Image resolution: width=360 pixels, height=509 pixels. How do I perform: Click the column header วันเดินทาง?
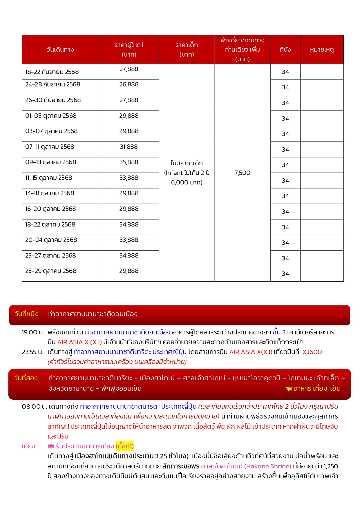click(x=60, y=50)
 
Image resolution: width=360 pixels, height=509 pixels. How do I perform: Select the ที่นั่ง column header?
click(x=285, y=50)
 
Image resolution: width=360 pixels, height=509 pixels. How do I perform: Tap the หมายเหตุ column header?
click(x=322, y=50)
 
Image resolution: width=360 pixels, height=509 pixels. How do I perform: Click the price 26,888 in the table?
click(x=129, y=84)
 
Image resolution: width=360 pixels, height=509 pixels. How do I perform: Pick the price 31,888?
click(x=129, y=147)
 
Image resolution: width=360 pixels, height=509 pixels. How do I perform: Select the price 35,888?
click(x=129, y=162)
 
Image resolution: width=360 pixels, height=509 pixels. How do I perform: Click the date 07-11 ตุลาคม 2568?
click(x=50, y=147)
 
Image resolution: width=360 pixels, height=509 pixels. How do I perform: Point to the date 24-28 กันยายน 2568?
click(x=53, y=84)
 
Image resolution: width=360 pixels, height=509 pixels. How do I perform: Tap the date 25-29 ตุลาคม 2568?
click(x=51, y=271)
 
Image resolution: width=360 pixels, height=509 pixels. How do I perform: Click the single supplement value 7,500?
click(x=242, y=173)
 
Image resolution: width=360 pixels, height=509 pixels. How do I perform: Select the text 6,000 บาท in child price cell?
click(x=187, y=182)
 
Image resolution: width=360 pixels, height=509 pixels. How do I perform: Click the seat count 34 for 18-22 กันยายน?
click(x=285, y=72)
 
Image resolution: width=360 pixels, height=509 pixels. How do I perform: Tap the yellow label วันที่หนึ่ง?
click(x=27, y=314)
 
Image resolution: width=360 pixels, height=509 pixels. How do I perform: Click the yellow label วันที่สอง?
click(x=26, y=378)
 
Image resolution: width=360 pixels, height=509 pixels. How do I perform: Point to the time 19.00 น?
click(x=33, y=332)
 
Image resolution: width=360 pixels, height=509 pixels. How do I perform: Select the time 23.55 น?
click(x=32, y=352)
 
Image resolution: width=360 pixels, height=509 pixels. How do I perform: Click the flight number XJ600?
click(x=312, y=352)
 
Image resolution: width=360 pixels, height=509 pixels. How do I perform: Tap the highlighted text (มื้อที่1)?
click(x=125, y=446)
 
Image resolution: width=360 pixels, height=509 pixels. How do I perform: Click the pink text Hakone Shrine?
click(x=267, y=466)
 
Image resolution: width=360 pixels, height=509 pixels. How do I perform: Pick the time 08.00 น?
click(x=34, y=407)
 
